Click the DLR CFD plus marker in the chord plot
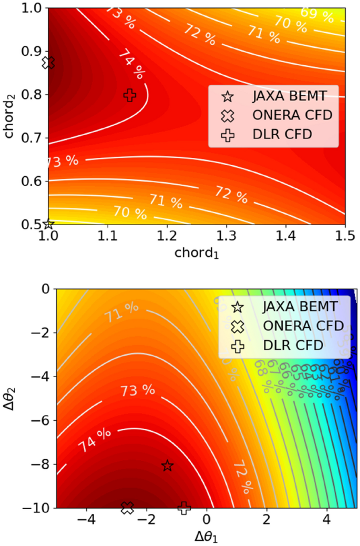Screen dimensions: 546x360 (x=130, y=95)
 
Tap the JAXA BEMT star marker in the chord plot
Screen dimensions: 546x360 (x=49, y=224)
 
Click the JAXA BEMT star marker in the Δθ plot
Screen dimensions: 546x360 (x=168, y=465)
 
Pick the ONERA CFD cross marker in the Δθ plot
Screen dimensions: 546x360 (x=127, y=507)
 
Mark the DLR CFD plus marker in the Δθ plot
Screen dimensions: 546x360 (x=184, y=508)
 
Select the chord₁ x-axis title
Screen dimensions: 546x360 (x=197, y=254)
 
